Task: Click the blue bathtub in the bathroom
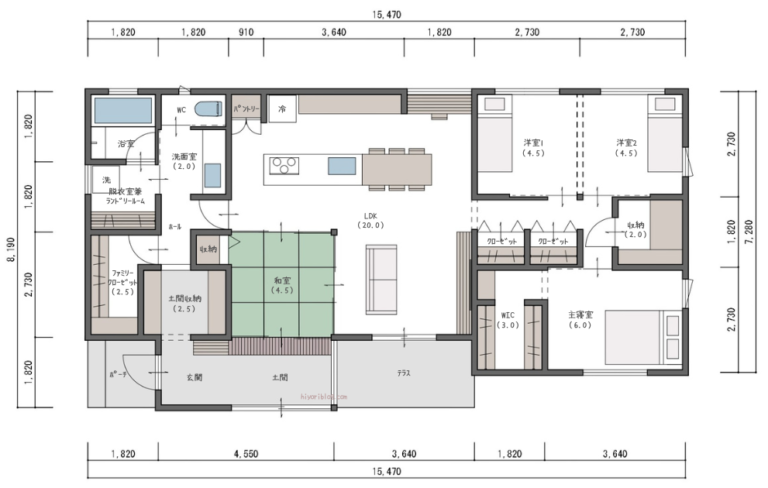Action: click(122, 110)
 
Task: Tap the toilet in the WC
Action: click(209, 110)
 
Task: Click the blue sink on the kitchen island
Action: click(342, 166)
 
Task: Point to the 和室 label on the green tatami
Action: click(282, 287)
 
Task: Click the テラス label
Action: click(403, 374)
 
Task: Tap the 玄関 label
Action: click(195, 378)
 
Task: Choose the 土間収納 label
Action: click(184, 303)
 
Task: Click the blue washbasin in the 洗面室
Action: click(213, 175)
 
